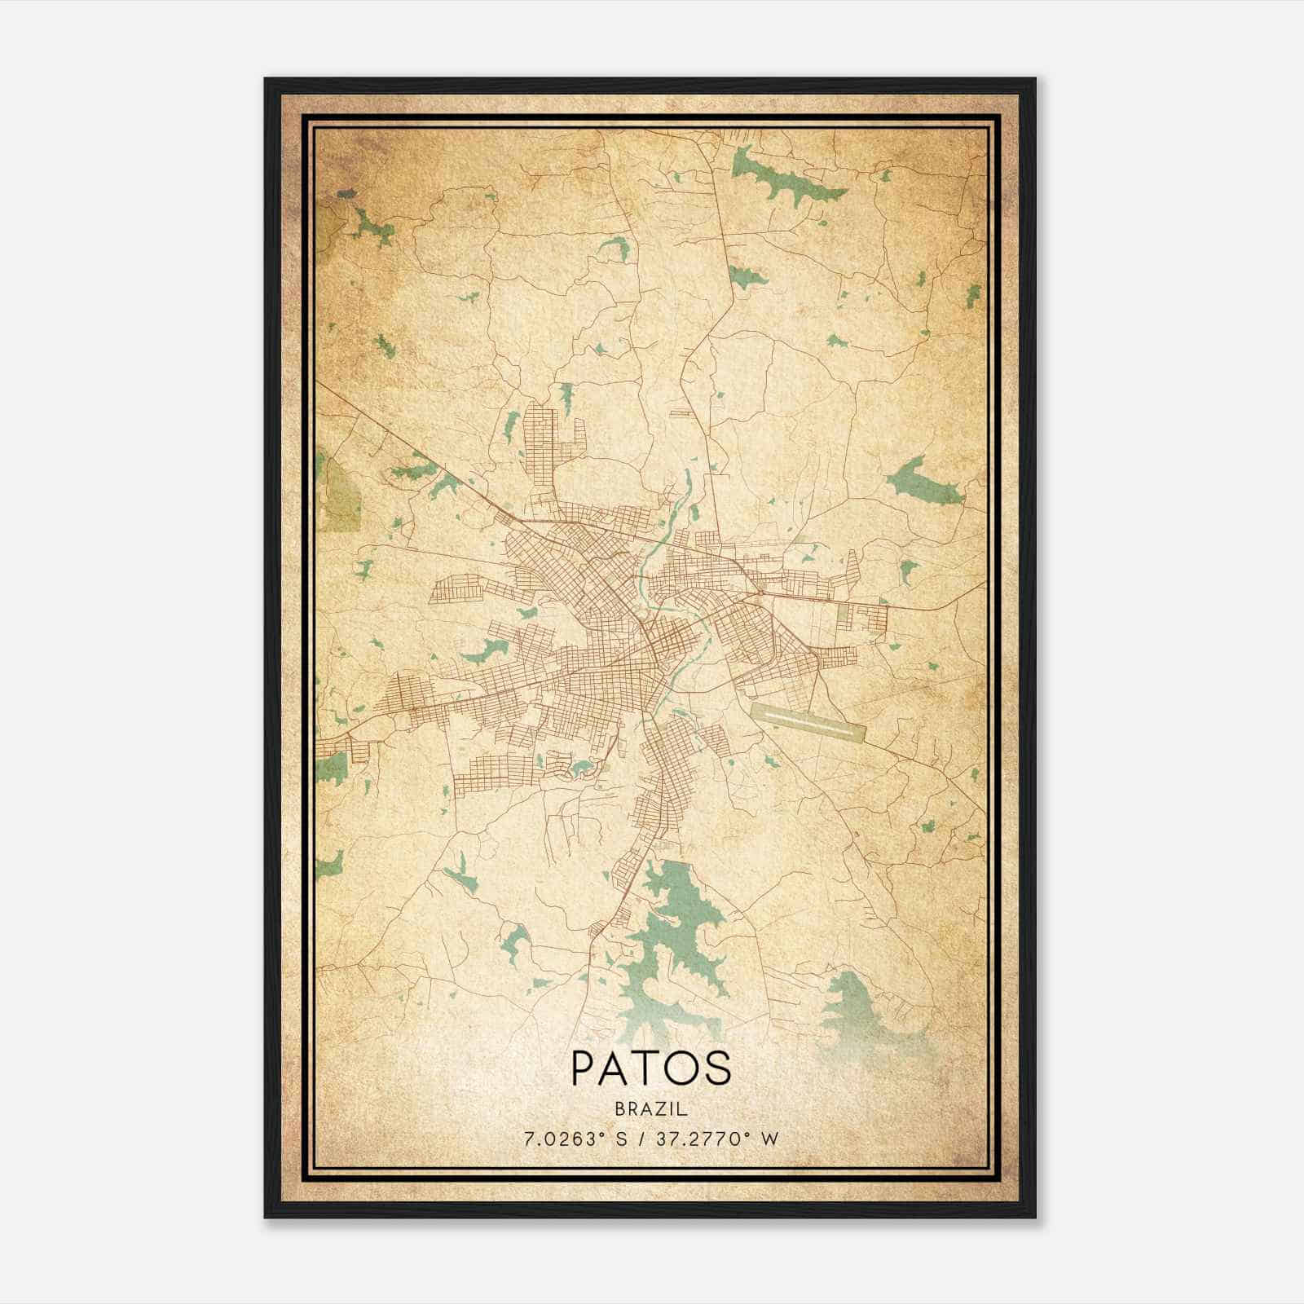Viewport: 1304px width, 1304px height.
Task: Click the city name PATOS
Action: (651, 1068)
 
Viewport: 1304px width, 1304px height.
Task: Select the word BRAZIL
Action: (651, 1109)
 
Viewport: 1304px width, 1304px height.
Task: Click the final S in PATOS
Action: (716, 1068)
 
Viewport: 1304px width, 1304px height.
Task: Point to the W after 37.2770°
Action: (770, 1139)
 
